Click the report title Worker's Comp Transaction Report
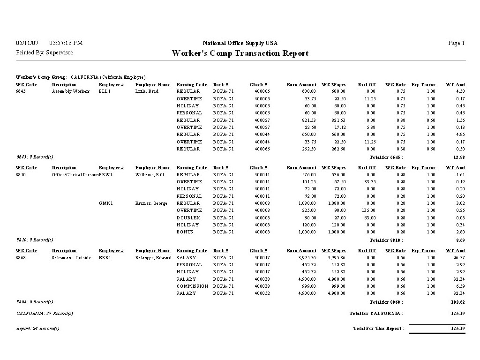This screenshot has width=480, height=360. tap(240, 53)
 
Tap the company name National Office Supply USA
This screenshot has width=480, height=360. tap(240, 43)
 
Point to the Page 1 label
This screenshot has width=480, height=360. tap(456, 43)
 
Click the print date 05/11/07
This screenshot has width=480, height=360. tap(27, 43)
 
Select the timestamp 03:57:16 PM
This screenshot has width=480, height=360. tap(66, 43)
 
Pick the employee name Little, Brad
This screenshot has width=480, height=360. tap(147, 91)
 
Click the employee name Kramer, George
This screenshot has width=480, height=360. tap(151, 203)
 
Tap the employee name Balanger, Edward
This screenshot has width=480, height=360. tap(154, 258)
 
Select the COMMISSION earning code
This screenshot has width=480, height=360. tap(192, 286)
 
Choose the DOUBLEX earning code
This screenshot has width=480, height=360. tap(188, 218)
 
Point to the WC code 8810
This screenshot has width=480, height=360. tap(21, 175)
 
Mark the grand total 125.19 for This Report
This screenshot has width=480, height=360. tap(457, 329)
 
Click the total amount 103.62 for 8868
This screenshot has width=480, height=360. tap(457, 302)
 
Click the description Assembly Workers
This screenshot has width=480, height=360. tap(71, 91)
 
